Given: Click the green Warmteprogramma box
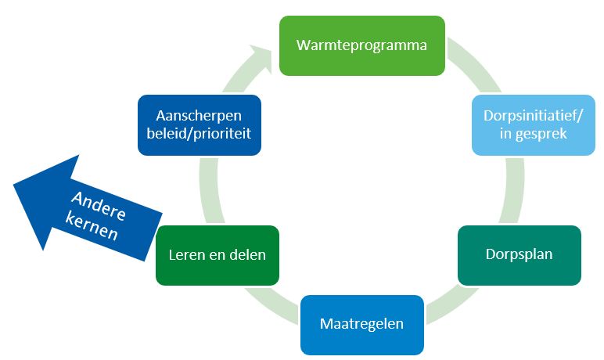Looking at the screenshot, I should pyautogui.click(x=361, y=45).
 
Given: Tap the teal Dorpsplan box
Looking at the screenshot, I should pyautogui.click(x=519, y=255).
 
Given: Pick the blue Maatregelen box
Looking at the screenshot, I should pyautogui.click(x=361, y=323).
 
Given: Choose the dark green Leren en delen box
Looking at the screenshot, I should pyautogui.click(x=218, y=254).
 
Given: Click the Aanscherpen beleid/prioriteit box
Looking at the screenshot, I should pyautogui.click(x=199, y=125).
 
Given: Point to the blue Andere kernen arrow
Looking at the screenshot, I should pyautogui.click(x=86, y=211).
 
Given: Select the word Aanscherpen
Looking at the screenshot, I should pyautogui.click(x=199, y=116).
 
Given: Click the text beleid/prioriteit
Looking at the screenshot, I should pyautogui.click(x=199, y=134).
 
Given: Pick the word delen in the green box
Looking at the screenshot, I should pyautogui.click(x=248, y=254).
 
